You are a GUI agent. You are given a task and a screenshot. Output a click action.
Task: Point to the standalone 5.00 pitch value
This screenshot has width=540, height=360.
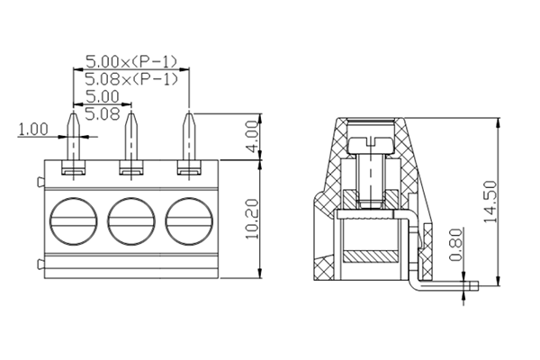(102, 95)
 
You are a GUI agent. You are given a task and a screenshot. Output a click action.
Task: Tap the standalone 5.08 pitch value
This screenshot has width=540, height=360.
(102, 112)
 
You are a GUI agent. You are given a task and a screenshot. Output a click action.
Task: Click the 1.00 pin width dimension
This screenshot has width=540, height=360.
(33, 129)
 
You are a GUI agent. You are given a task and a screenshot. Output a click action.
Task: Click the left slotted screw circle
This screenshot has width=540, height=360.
(73, 219)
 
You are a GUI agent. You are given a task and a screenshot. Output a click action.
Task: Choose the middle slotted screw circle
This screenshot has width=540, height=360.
(131, 219)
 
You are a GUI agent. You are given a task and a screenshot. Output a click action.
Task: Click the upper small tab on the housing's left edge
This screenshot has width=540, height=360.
(40, 184)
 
